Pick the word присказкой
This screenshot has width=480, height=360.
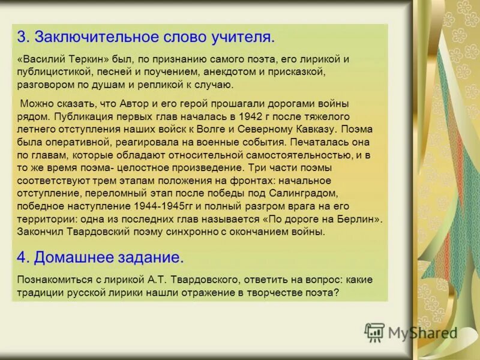click(299, 72)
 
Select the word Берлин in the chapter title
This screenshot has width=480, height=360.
click(363, 218)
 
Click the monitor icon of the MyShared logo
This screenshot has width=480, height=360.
click(374, 332)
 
